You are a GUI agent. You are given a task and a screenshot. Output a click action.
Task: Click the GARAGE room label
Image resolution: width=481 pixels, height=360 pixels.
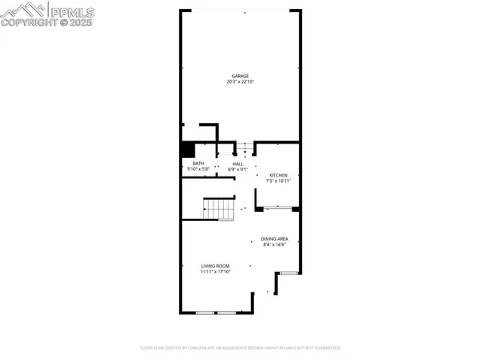240,76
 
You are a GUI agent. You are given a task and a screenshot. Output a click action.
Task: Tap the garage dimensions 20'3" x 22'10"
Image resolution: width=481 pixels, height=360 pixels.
240,81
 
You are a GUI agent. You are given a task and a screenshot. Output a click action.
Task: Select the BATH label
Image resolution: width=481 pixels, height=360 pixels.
198,164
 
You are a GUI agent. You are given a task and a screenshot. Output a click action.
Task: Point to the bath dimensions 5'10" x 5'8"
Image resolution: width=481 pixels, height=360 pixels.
198,169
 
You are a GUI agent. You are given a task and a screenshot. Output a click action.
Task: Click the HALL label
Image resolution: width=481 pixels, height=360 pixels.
237,164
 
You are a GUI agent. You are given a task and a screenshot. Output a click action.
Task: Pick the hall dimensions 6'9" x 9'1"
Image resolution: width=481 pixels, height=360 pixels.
237,169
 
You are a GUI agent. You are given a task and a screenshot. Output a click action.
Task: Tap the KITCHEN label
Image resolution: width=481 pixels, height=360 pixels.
278,175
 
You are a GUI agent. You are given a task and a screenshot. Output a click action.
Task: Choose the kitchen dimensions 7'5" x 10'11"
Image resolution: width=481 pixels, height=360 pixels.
278,180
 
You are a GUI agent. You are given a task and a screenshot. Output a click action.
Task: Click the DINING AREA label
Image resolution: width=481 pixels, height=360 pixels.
275,239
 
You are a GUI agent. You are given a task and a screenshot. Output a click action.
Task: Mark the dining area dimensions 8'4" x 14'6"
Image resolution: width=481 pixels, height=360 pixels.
275,244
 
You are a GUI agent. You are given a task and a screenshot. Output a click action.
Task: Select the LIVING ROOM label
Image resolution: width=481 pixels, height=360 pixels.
215,266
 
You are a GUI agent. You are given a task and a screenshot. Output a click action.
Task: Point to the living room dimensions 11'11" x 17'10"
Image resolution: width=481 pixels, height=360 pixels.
215,271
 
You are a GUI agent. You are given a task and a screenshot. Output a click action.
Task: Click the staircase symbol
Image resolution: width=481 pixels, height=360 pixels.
219,207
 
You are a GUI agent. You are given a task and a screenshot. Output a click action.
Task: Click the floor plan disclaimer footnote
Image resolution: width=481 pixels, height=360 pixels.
240,348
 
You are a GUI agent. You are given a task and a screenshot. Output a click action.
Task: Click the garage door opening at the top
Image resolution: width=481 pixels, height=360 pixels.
240,10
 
